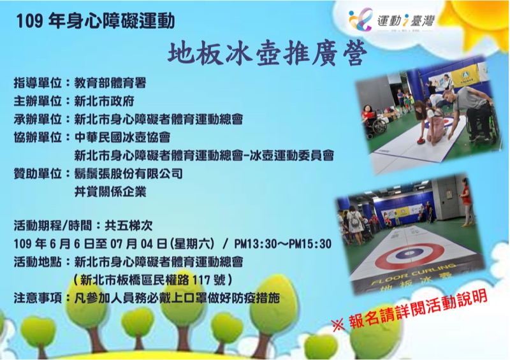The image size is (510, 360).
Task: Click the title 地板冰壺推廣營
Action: [267, 54]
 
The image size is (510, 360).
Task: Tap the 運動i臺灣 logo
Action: [391, 20]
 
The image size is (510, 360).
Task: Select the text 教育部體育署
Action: [110, 83]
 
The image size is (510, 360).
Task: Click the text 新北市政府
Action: [104, 101]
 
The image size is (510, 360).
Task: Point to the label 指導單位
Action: [38, 83]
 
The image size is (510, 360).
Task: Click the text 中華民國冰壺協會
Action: [122, 137]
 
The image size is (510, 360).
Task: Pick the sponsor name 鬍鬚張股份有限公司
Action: [129, 174]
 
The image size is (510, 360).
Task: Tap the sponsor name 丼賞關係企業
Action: [110, 192]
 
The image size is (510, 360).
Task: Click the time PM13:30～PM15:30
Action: [282, 243]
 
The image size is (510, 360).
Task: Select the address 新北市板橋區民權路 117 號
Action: [152, 280]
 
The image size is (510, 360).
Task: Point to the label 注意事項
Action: [38, 298]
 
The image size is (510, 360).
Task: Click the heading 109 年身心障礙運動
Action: [95, 22]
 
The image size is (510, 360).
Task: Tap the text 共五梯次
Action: [129, 226]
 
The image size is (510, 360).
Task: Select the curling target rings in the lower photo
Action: [409, 256]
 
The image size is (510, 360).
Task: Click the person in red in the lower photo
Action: [466, 201]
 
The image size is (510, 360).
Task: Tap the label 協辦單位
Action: [38, 137]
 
